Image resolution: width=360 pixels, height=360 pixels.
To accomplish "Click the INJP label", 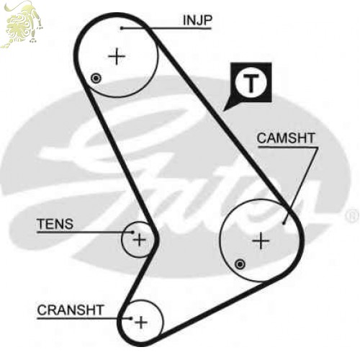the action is pos(197,20).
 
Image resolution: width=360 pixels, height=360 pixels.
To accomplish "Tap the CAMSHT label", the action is pos(286,138).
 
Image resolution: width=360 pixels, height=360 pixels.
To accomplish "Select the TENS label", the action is pos(55,224).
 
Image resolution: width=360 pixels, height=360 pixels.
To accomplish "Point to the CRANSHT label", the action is pos(71,310).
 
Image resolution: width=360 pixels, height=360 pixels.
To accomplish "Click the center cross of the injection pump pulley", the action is pos(117,57).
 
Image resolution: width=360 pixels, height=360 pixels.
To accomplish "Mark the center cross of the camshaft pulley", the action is pos(261,240).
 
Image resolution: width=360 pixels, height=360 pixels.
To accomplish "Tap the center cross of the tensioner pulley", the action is pos(139,240).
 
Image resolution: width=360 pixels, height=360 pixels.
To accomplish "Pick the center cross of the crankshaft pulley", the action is pos(141,322).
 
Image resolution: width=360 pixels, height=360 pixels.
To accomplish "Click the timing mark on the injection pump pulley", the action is pos(96,78).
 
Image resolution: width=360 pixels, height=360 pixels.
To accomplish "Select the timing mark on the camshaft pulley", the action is pos(240,264).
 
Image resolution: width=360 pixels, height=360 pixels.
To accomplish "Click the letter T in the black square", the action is pos(251,83).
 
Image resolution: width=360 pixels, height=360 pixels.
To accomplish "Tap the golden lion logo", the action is pos(22,24).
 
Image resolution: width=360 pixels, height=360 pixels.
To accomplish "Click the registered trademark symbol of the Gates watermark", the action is pos(352,216).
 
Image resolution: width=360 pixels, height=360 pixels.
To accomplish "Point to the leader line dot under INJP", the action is pos(122,28).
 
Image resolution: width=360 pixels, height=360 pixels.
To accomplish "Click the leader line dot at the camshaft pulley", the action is pos(284,223).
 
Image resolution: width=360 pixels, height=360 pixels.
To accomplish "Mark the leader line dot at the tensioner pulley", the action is pos(132,232).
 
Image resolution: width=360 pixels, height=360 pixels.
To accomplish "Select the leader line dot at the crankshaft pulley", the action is pos(131,318).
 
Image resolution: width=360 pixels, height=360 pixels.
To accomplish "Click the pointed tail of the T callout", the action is pos(224,111).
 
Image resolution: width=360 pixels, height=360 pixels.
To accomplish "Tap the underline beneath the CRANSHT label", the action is pos(84,318).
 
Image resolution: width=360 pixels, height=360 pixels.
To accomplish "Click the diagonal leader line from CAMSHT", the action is pos(301,186).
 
